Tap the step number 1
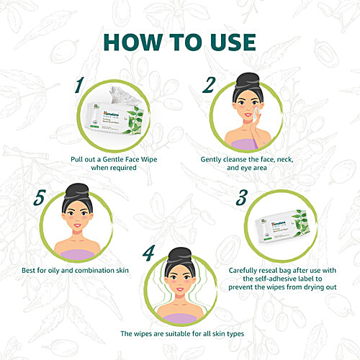(x=78, y=86)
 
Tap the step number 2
(x=209, y=86)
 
